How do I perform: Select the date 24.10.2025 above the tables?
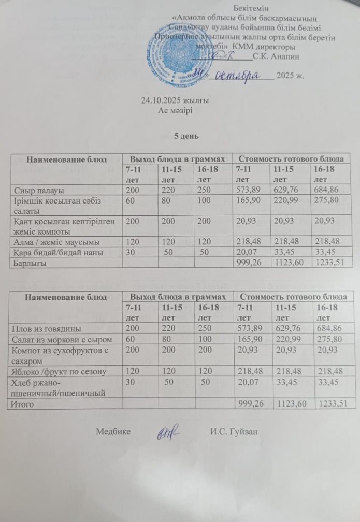tap(161, 101)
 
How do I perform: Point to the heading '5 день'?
tap(185, 136)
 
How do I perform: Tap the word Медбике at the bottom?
tap(113, 431)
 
